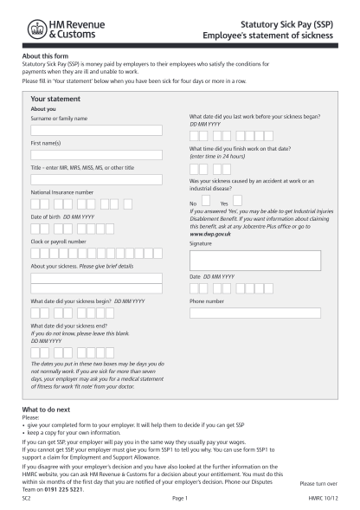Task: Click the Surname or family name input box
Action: (x=96, y=131)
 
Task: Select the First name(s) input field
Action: (x=96, y=155)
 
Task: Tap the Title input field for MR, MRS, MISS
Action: (x=96, y=180)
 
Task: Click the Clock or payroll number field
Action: (x=96, y=254)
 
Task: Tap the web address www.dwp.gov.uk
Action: (x=208, y=235)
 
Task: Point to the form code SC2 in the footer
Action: (x=28, y=499)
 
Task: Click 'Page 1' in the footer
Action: (x=180, y=499)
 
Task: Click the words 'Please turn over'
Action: (x=318, y=484)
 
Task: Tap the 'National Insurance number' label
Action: (x=61, y=191)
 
